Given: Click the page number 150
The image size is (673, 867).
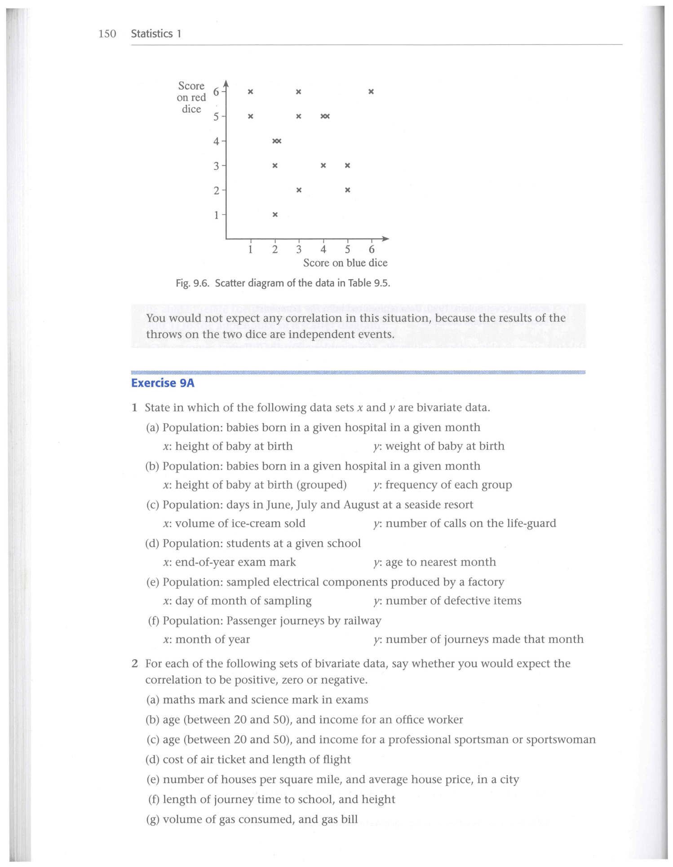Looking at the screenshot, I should coord(107,34).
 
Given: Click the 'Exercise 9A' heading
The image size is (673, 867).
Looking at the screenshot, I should coord(163,383).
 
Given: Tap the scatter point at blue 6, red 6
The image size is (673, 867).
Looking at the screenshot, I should coord(371,92).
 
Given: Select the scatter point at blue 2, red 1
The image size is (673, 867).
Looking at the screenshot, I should coord(275,215).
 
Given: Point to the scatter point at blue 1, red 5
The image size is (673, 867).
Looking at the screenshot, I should coord(251,116).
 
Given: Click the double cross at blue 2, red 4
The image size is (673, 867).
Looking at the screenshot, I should coord(277,141).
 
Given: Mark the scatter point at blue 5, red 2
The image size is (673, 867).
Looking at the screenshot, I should coord(347,190).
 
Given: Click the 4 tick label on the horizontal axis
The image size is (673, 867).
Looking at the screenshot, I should coord(323,249).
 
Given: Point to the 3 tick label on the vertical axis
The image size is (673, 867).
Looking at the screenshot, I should coord(216,166).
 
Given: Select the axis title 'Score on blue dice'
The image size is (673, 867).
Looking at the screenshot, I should coord(345,263).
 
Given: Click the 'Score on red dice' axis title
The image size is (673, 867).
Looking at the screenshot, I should coord(191,97).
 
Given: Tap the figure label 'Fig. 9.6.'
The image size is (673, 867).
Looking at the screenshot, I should coord(192,283).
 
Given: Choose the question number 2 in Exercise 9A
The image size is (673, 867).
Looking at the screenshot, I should coord(135,664).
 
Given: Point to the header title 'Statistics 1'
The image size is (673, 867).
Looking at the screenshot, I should coord(156,34).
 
